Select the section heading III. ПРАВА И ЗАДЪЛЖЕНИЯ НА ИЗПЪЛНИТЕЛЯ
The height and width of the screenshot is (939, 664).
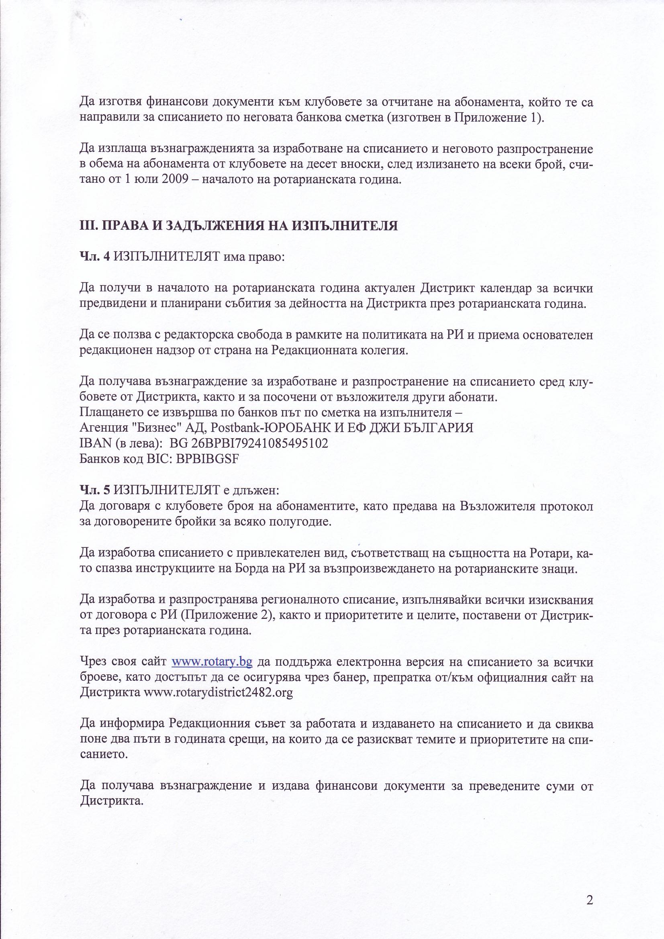[x=239, y=226]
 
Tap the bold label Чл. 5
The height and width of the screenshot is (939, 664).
[x=95, y=490]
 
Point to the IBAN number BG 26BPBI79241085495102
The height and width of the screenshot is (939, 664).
[x=249, y=443]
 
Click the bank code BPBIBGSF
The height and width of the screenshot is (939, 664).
[x=207, y=459]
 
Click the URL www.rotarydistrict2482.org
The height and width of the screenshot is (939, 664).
[x=218, y=693]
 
